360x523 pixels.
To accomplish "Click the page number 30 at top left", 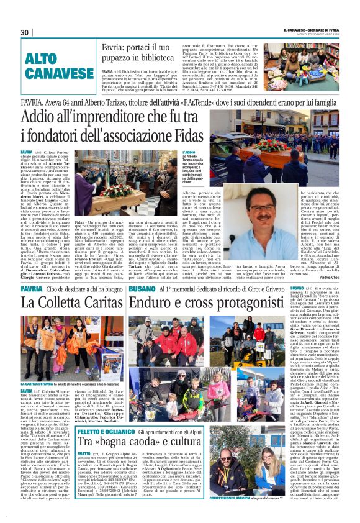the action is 25,32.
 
